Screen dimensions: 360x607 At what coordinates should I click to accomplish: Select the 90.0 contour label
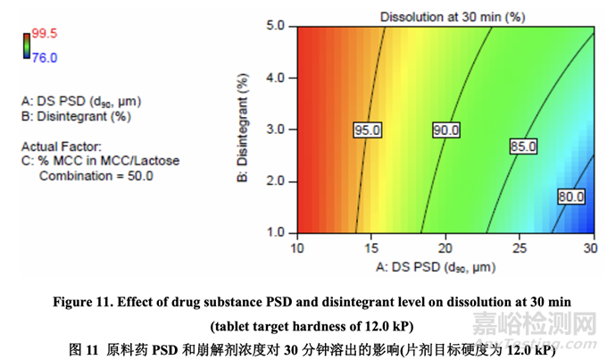click(445, 130)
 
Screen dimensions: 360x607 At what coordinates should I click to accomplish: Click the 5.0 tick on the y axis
click(274, 26)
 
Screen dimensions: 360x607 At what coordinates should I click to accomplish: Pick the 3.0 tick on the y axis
click(274, 130)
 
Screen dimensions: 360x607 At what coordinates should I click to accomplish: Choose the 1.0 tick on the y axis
click(274, 232)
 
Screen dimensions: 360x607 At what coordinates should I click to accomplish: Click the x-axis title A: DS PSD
click(444, 265)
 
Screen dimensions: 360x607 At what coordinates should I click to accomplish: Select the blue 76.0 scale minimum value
click(45, 57)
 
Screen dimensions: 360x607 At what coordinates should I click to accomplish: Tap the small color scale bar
click(27, 46)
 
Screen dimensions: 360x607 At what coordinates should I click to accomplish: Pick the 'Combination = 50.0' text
click(96, 176)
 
